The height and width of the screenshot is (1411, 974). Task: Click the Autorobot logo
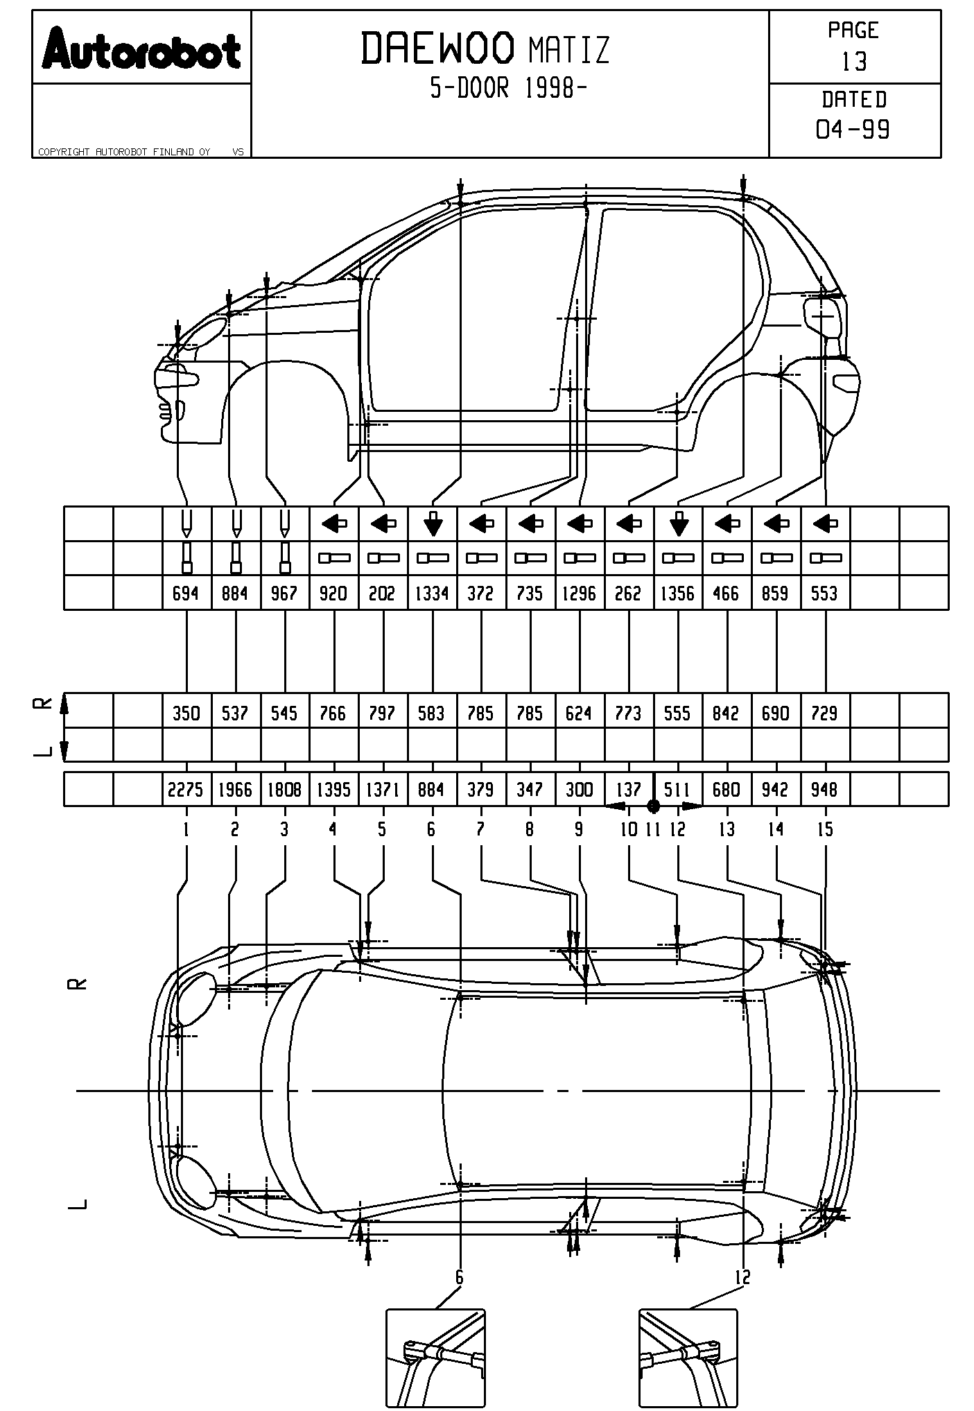click(x=141, y=49)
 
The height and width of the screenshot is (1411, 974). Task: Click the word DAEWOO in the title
click(x=437, y=49)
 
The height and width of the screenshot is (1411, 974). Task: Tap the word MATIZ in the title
click(x=568, y=51)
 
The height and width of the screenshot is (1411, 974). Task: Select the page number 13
click(x=854, y=62)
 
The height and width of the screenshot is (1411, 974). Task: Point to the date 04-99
click(x=853, y=129)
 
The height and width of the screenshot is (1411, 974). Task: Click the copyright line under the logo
click(x=125, y=152)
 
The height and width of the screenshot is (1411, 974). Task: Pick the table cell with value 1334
click(x=432, y=594)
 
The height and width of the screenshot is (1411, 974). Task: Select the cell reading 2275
click(x=186, y=790)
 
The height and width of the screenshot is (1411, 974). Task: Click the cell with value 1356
click(x=677, y=594)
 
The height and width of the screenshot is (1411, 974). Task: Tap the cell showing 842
click(x=727, y=713)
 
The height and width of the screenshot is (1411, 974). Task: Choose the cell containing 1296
click(x=579, y=594)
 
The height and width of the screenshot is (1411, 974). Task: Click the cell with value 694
click(x=186, y=594)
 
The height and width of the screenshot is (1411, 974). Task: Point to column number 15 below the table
click(x=825, y=829)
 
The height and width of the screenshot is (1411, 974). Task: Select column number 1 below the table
click(x=186, y=829)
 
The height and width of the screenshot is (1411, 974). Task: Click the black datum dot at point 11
click(x=653, y=806)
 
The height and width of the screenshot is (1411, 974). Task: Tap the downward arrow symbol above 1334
click(x=433, y=523)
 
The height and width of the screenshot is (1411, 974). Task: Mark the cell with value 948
click(x=824, y=790)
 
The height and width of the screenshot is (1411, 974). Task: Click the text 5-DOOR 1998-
click(x=509, y=88)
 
